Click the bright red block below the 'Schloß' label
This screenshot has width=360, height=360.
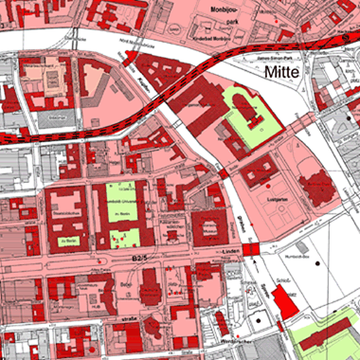(x=283, y=304)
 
